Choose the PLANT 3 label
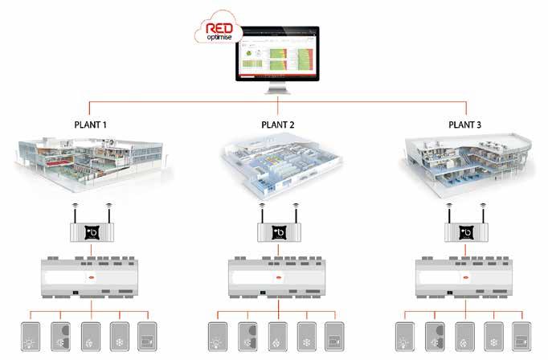[465, 125]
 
